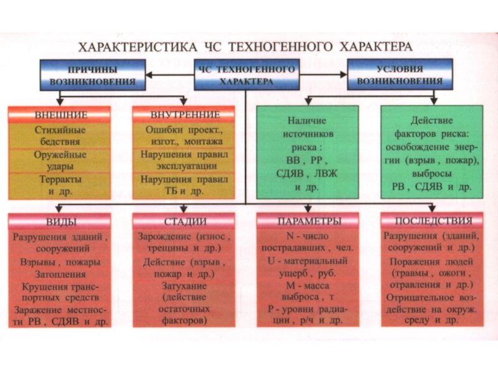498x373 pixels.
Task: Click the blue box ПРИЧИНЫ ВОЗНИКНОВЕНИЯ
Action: tap(93, 75)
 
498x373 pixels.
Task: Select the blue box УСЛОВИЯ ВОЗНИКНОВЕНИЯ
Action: tap(400, 75)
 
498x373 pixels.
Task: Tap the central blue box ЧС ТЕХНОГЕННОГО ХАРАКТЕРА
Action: tap(247, 75)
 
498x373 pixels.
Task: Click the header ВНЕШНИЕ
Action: tap(60, 115)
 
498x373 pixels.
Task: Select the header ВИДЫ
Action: tap(60, 221)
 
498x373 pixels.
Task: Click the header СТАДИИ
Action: tap(184, 221)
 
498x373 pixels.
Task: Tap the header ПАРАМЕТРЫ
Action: tap(308, 221)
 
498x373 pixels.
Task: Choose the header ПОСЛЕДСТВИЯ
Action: tap(432, 221)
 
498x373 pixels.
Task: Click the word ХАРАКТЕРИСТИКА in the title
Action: tap(138, 47)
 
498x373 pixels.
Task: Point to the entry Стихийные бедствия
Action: tap(60, 136)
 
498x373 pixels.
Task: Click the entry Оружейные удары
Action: tap(60, 160)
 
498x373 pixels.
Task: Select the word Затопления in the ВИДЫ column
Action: tap(60, 274)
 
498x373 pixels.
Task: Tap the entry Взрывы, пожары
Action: tap(60, 262)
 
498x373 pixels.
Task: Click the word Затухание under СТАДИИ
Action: tap(184, 286)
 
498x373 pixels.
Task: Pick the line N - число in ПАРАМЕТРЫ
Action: tap(308, 236)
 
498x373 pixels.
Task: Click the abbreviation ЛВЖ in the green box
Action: tap(326, 173)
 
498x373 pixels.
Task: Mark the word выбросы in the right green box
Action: tap(431, 173)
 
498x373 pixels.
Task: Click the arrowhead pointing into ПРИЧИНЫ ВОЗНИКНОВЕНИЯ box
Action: tap(149, 75)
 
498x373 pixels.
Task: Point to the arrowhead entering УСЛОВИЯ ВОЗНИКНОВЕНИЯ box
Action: tap(344, 75)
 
